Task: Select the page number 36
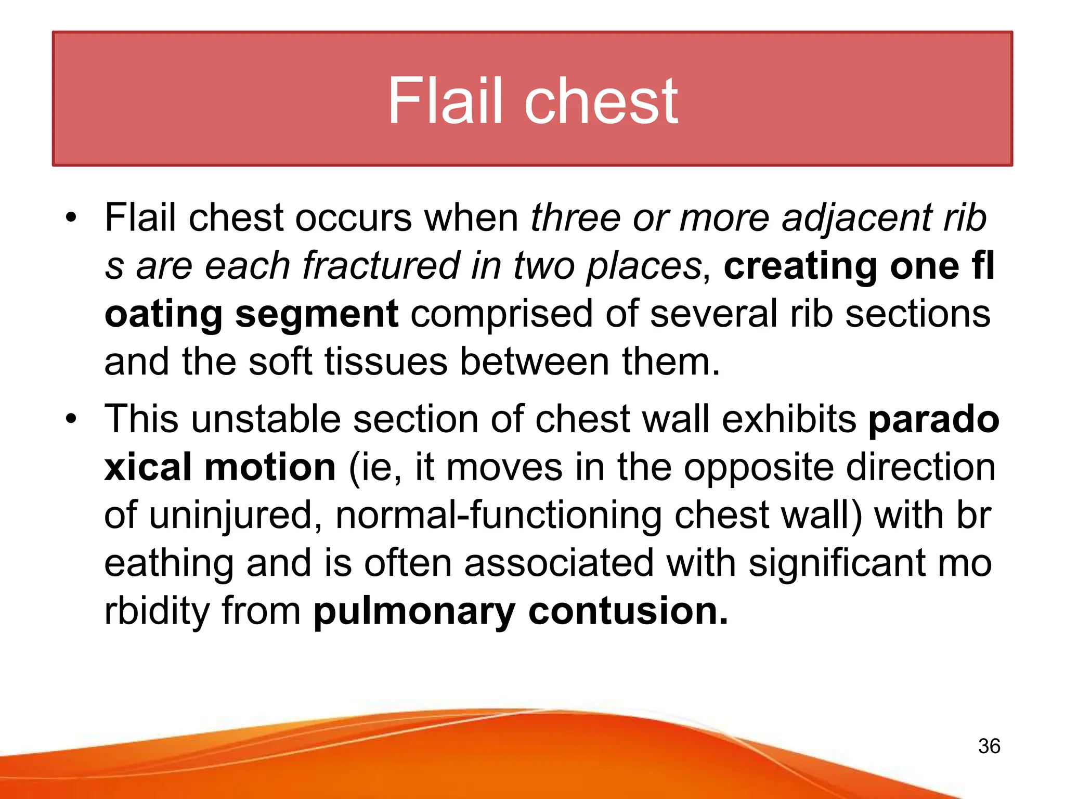989,746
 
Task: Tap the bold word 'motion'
270,467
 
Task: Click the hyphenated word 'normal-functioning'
499,515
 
